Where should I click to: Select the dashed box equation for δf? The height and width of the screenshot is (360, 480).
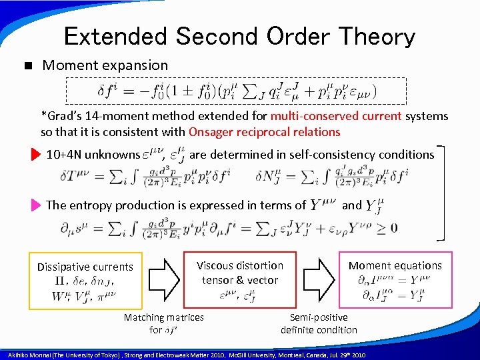[x=235, y=91]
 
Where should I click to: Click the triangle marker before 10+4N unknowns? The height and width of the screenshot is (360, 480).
[x=35, y=155]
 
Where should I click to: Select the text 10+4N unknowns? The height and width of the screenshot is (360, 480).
[x=93, y=155]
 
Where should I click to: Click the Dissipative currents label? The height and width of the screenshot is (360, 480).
[x=85, y=267]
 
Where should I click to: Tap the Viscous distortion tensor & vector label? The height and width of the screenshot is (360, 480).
[x=239, y=273]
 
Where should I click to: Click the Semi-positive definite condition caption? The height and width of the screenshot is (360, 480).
[x=319, y=323]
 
